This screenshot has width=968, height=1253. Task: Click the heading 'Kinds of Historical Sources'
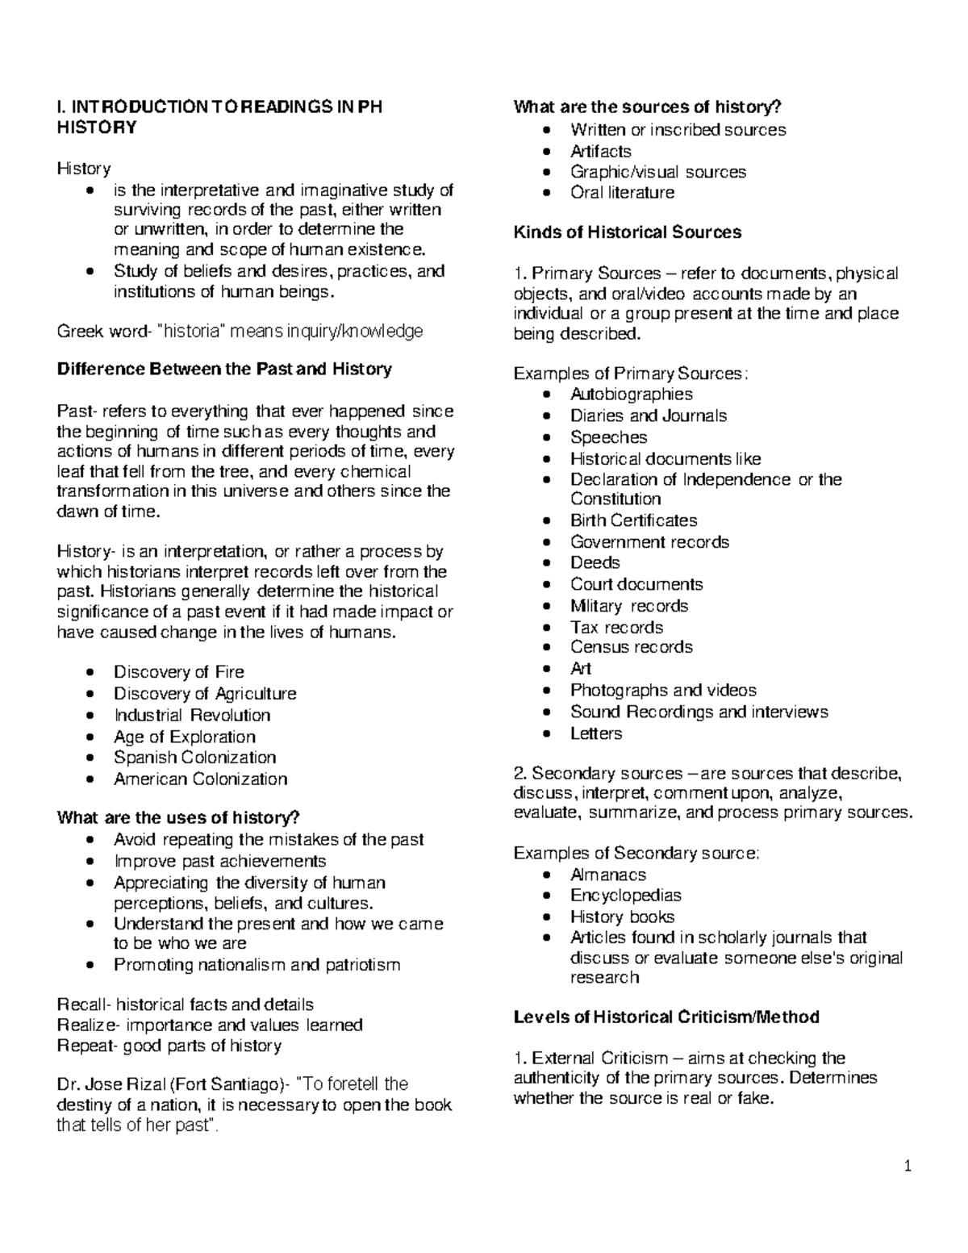627,232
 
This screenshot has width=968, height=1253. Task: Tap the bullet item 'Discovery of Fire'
178,672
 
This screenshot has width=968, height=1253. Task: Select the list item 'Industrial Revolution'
192,715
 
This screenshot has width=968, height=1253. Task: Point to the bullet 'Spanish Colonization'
194,758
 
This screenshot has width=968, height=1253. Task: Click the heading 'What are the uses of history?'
178,818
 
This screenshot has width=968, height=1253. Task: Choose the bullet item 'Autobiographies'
631,395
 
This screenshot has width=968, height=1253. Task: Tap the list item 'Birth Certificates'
633,520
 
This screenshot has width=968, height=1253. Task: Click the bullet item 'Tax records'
616,627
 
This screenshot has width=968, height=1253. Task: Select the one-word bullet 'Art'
580,669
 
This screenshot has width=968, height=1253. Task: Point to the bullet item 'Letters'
596,733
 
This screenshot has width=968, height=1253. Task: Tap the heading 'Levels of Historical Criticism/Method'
666,1017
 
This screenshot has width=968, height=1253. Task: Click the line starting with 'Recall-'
186,1005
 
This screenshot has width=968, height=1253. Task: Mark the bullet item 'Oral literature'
622,193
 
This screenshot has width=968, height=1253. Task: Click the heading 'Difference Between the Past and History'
224,370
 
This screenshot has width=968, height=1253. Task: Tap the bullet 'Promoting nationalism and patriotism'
257,965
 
